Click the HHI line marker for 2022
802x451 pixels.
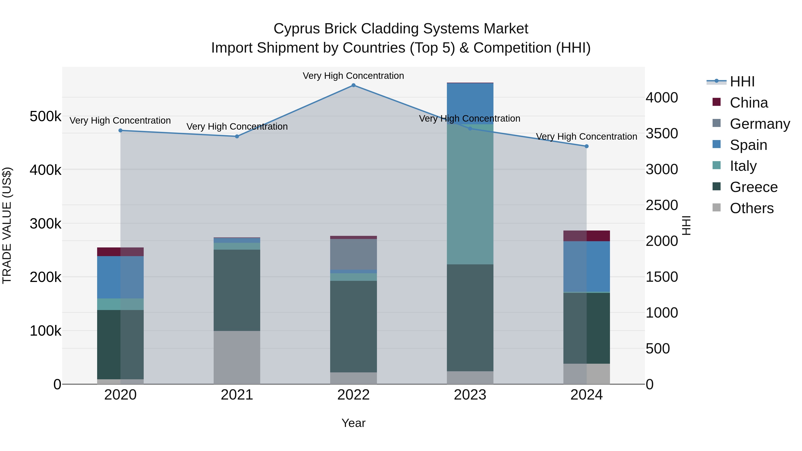pos(353,85)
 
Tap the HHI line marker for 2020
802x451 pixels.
pos(121,131)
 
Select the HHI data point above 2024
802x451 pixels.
pos(587,146)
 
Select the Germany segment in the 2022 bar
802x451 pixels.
pos(353,254)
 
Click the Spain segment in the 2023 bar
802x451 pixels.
pos(470,104)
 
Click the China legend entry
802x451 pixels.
pos(749,103)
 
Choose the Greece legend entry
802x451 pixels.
pos(753,187)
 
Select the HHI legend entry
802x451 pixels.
pos(742,82)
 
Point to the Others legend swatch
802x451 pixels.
pos(716,208)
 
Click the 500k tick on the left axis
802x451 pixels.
pos(45,117)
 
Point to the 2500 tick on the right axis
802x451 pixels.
pos(662,205)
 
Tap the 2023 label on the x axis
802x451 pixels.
pos(470,395)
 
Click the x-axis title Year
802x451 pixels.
pos(353,423)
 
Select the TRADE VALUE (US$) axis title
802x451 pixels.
pos(7,225)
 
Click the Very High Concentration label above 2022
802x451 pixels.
pos(353,76)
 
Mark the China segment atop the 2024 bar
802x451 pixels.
pos(587,236)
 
